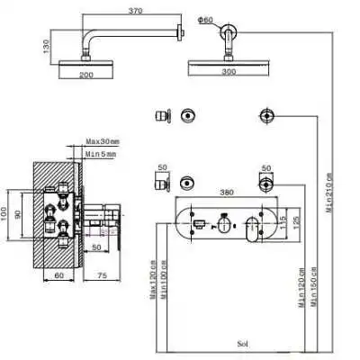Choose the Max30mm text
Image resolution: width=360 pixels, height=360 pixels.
(103, 141)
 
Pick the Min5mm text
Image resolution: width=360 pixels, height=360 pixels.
(102, 155)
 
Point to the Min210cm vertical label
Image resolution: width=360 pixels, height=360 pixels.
(329, 189)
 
